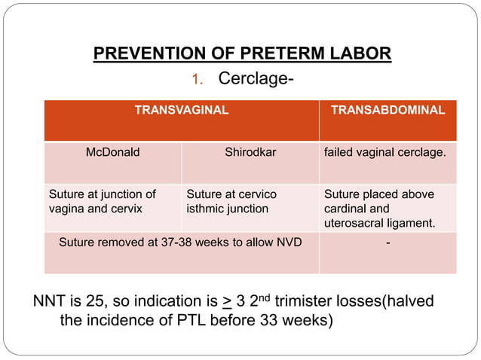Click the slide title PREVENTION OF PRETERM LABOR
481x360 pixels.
coord(242,54)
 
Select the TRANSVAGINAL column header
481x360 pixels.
coord(181,110)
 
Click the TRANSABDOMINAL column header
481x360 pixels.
coord(388,110)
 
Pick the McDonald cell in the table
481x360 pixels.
coord(112,152)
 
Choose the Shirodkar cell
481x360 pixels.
coord(250,152)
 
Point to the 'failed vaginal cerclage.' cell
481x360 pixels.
coord(384,152)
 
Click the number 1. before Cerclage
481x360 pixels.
coord(198,79)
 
